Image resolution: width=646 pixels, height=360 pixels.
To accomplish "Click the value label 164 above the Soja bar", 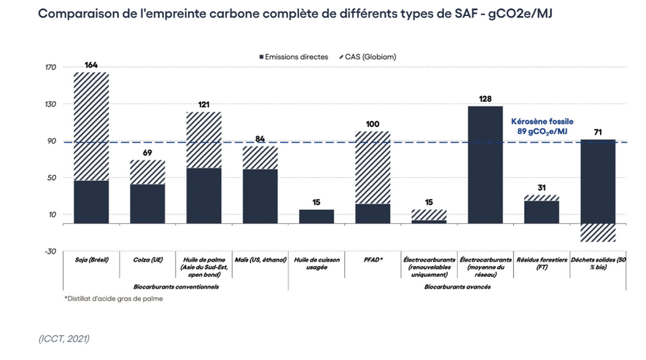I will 91,66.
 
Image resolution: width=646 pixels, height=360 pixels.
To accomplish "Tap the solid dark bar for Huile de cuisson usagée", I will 316,216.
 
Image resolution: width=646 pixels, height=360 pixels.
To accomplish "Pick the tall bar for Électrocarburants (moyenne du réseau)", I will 485,165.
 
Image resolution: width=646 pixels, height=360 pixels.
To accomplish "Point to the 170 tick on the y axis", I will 50,68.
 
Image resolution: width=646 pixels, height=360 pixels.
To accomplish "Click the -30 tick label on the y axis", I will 50,251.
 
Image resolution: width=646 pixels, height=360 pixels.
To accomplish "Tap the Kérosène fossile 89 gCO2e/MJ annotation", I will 542,125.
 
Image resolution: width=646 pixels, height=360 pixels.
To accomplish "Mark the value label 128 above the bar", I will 485,98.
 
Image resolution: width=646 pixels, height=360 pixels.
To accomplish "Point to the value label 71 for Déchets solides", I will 598,131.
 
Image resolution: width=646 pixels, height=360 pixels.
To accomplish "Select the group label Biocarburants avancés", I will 457,286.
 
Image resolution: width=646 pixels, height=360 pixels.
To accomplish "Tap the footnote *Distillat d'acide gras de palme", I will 113,299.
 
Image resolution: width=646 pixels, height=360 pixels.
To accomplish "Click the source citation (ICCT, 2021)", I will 64,337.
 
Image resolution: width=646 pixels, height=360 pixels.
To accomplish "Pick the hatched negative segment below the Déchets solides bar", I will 598,232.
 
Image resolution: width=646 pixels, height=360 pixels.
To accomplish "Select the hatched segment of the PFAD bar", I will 373,167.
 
